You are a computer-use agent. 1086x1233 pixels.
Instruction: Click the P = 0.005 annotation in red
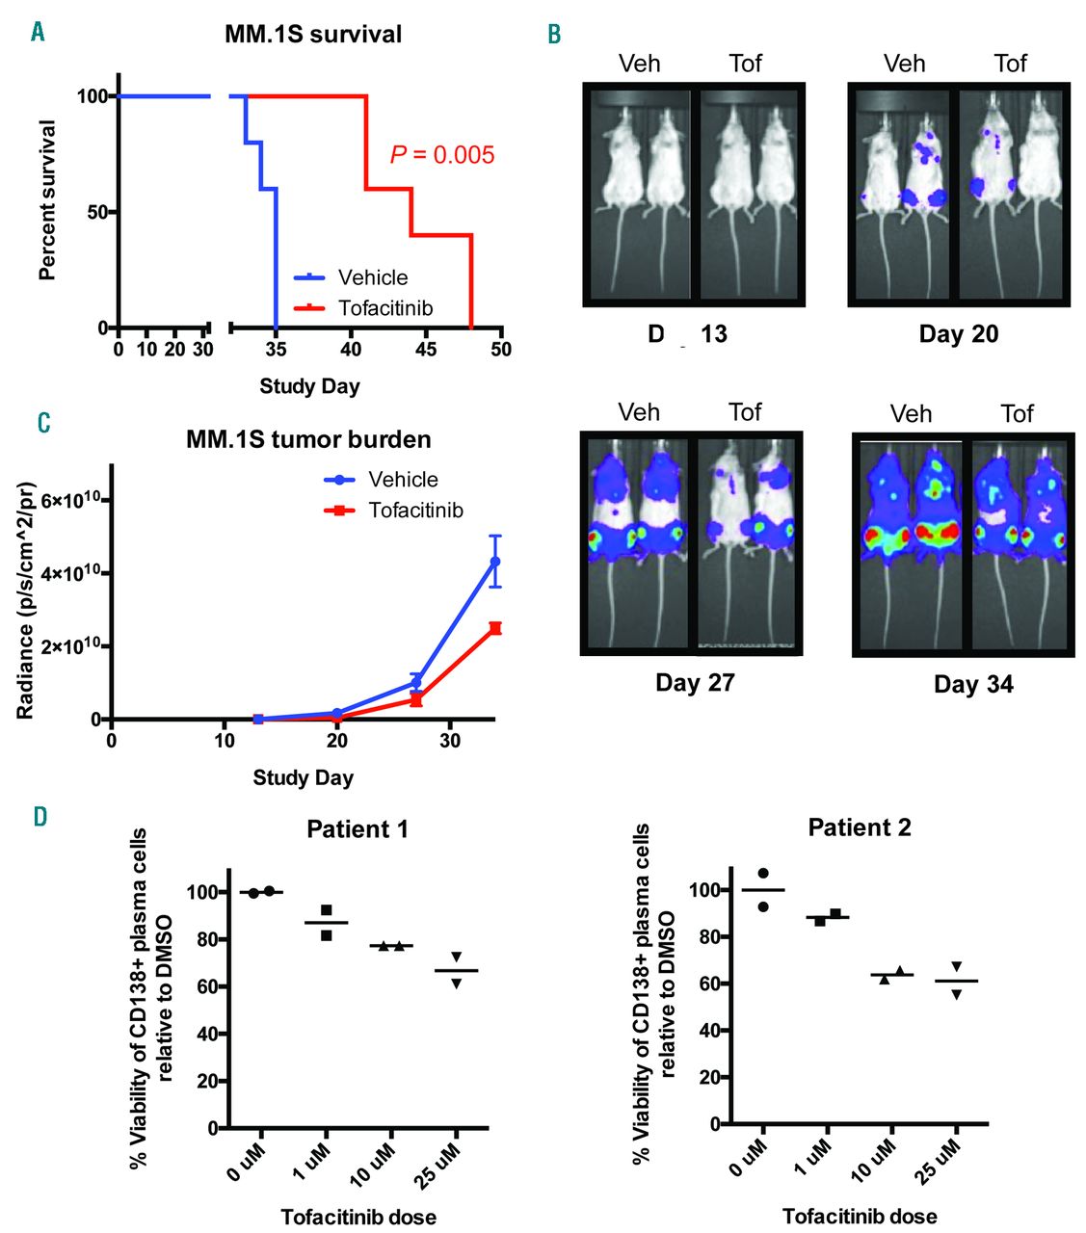tap(442, 155)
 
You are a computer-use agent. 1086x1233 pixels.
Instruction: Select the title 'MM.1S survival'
tap(313, 35)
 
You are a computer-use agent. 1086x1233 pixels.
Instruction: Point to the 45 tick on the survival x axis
tap(426, 349)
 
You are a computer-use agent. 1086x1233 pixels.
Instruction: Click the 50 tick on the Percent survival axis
tap(96, 212)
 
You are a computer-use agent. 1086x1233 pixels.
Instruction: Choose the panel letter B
tap(554, 36)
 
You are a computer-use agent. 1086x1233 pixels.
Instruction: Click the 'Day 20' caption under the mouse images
tap(958, 334)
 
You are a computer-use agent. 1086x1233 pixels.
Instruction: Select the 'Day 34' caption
tap(973, 685)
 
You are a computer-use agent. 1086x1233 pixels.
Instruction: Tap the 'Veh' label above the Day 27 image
tap(639, 413)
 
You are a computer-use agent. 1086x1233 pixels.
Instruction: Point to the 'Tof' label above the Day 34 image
tap(1017, 414)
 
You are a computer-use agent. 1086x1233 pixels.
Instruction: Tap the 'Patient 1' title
tap(357, 829)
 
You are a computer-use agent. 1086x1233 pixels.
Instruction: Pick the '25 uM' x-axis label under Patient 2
tap(940, 1158)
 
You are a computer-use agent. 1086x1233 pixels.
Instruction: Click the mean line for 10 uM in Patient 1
tap(391, 946)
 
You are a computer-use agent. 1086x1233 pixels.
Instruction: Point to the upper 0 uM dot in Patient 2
tap(763, 874)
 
